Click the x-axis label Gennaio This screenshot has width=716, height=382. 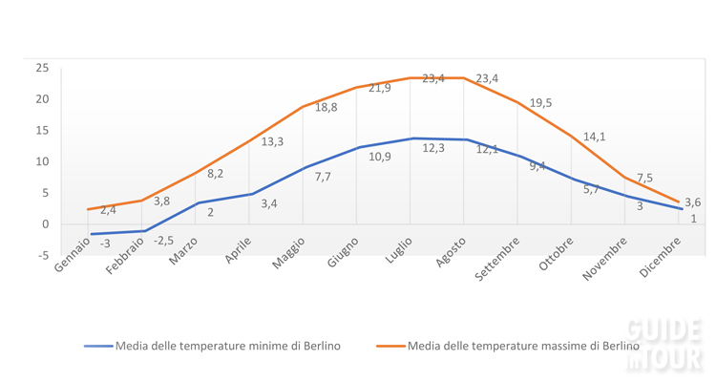coord(74,255)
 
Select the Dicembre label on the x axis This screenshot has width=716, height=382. coord(663,256)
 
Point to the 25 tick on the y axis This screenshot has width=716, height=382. coord(42,68)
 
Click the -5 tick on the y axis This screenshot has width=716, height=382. coord(42,255)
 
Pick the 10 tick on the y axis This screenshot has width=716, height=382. coord(42,161)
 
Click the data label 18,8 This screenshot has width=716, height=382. coord(326,108)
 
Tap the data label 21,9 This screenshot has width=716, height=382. coord(380,88)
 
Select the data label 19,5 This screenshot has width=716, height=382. coord(540,103)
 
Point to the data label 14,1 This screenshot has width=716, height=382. coord(594,137)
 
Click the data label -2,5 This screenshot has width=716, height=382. coord(163,241)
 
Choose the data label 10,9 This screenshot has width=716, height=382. coord(380,157)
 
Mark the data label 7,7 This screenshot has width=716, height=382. coord(323,177)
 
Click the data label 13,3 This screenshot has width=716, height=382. coord(272,141)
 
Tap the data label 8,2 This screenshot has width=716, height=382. coord(215,174)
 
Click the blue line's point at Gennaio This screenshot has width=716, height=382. coord(91,234)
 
